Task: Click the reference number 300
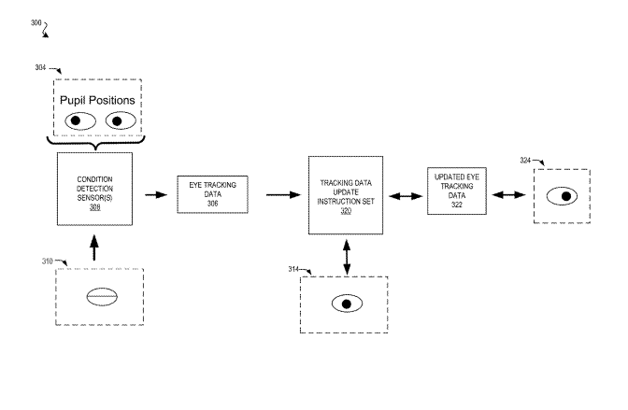click(36, 22)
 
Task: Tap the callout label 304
click(40, 67)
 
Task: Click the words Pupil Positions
click(97, 100)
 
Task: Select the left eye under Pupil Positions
click(80, 120)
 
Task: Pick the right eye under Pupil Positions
click(121, 120)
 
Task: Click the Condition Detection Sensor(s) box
click(95, 189)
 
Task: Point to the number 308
click(95, 207)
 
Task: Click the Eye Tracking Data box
click(213, 194)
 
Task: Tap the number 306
click(213, 204)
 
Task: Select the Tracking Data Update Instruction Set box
click(346, 195)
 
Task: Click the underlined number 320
click(346, 211)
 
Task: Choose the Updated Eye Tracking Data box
click(457, 191)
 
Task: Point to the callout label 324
click(525, 161)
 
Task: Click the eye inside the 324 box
click(562, 196)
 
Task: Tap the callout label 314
click(293, 269)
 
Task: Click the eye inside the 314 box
click(347, 304)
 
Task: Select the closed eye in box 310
click(102, 297)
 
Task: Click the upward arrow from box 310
click(94, 247)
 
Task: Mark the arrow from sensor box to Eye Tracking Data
click(156, 195)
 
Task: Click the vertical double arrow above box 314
click(347, 257)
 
